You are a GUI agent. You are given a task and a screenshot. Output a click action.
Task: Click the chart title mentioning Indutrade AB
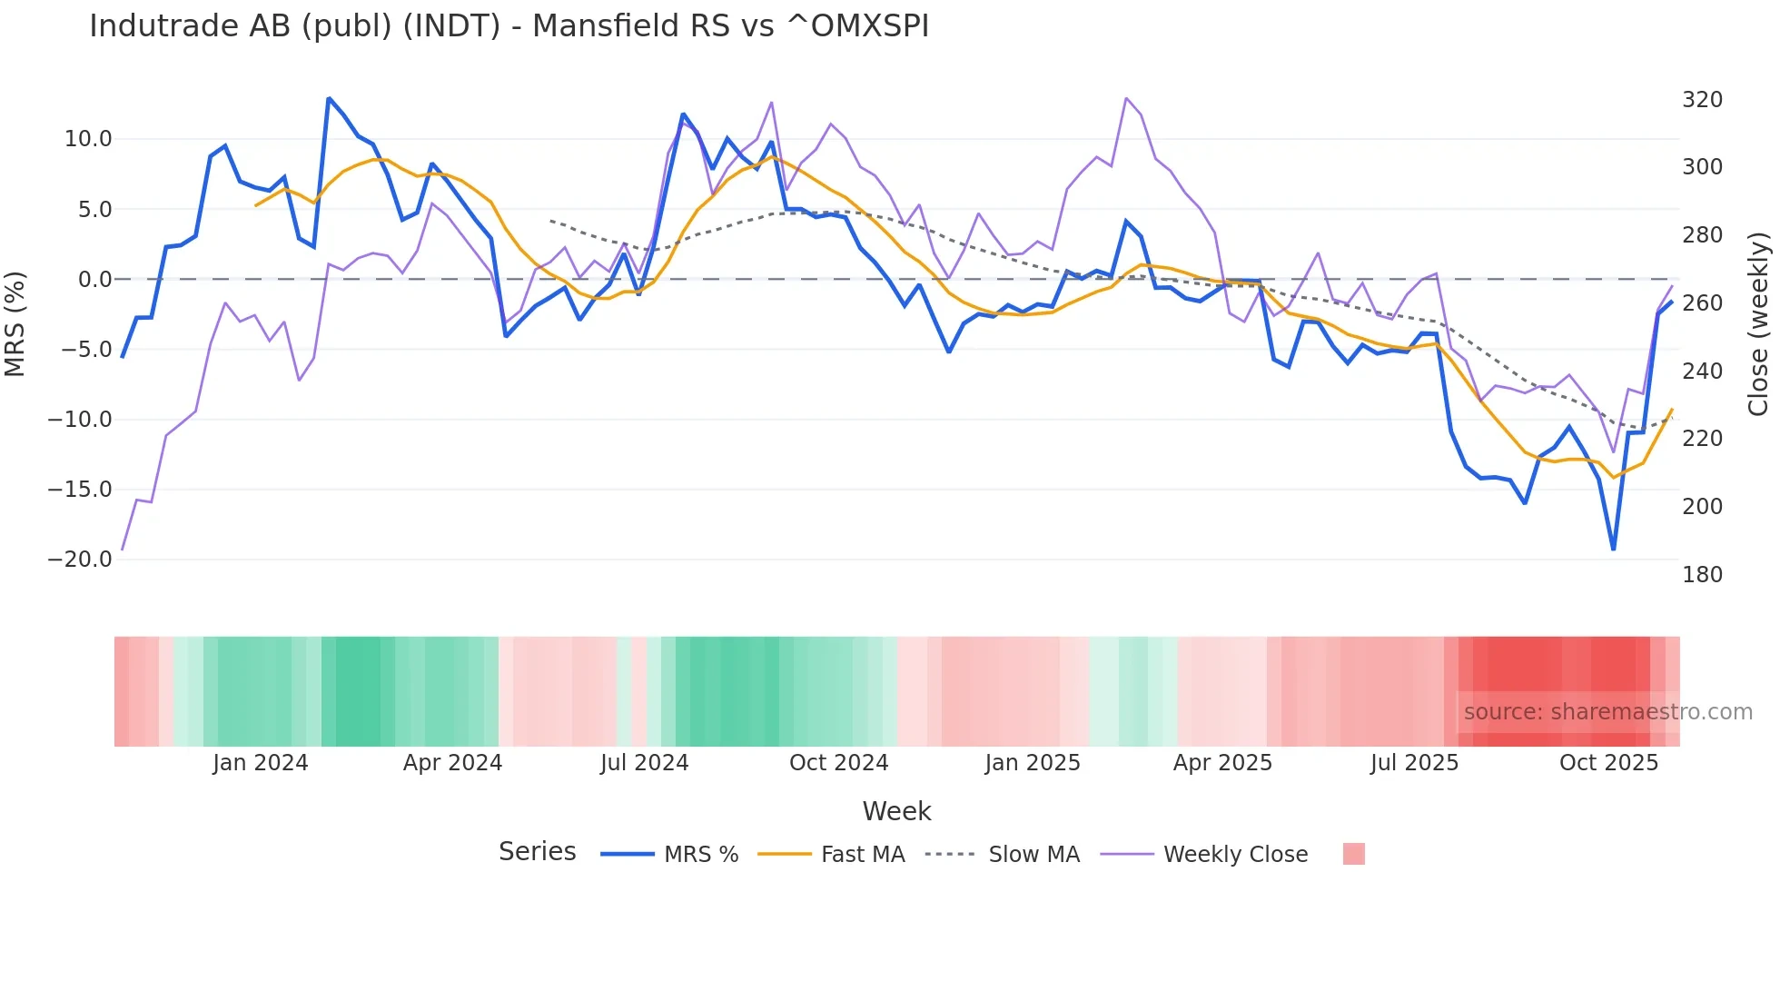(509, 26)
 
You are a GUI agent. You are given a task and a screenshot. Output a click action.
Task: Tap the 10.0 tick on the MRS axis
(88, 139)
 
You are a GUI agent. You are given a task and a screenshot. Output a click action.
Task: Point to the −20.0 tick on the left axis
(80, 560)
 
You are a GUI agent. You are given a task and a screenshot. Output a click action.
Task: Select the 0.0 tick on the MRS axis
(94, 280)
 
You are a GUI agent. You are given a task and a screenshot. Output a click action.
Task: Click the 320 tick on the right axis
(1702, 100)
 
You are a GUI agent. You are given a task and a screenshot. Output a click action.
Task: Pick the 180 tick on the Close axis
(1702, 575)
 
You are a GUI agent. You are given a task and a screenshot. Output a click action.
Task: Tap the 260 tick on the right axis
(1702, 303)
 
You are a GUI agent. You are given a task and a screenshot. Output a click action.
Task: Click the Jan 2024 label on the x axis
(261, 763)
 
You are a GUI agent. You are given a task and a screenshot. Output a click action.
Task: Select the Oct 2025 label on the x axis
(1608, 763)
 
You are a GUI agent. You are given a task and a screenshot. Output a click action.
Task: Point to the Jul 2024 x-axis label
(644, 763)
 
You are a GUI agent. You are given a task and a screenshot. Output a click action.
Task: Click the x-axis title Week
(896, 811)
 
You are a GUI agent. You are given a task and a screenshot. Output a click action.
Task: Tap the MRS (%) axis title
(15, 323)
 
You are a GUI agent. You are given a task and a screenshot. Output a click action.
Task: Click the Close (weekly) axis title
(1759, 323)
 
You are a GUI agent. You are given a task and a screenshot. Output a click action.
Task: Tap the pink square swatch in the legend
(1353, 854)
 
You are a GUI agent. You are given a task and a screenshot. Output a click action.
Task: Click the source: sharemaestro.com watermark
(1607, 712)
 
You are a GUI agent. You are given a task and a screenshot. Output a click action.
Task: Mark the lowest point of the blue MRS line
(1614, 549)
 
